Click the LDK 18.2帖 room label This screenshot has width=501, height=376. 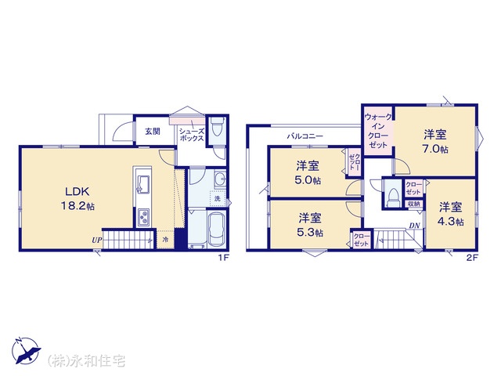pos(77,198)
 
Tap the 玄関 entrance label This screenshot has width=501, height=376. pos(153,131)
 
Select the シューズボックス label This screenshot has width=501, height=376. pos(191,135)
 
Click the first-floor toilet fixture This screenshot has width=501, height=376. pos(218,125)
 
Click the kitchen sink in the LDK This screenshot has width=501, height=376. pos(143,185)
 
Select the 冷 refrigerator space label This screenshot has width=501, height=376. pos(165,239)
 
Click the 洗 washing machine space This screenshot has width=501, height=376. pos(218,198)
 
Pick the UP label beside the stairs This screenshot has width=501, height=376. pos(96,240)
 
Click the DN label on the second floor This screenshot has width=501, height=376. pos(414,226)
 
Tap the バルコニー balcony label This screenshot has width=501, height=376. pos(305,136)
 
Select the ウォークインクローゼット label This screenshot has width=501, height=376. pos(378,131)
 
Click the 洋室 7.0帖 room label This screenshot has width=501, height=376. pos(435,142)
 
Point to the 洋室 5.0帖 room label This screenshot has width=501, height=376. pos(308,173)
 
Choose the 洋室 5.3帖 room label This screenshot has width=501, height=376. pos(310,225)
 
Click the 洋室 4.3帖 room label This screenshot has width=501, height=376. pos(451,214)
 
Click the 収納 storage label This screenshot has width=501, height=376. pos(414,204)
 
